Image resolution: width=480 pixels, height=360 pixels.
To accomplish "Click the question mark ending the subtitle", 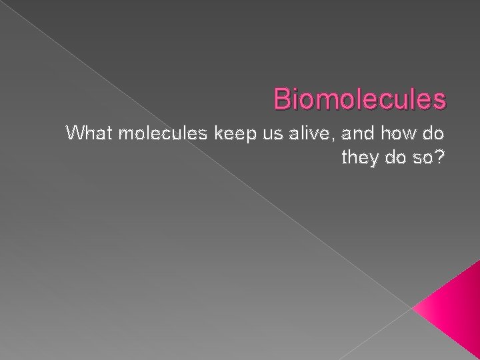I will (440, 158).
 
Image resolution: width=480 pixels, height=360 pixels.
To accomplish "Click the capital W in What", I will (74, 135).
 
